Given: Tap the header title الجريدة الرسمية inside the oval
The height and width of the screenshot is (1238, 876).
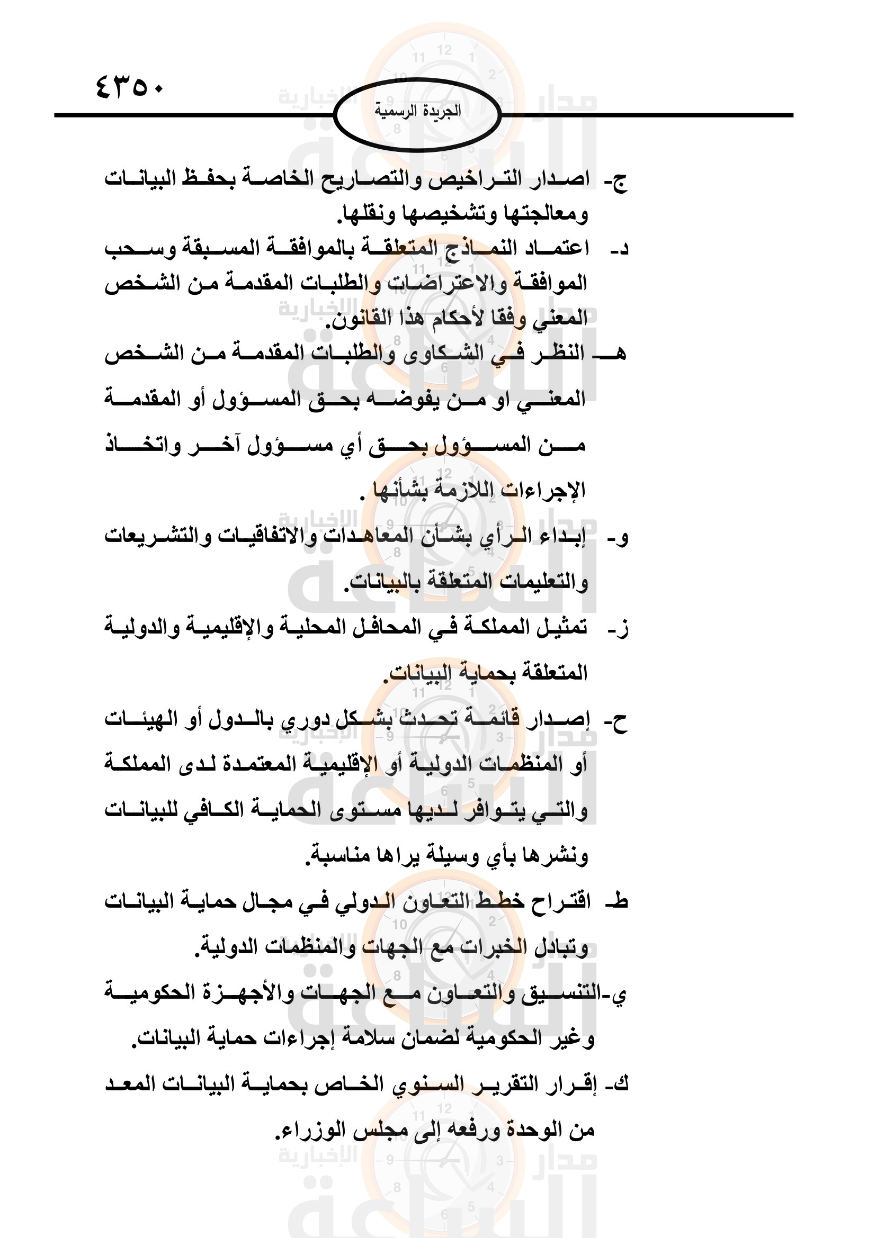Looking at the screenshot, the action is [417, 111].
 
